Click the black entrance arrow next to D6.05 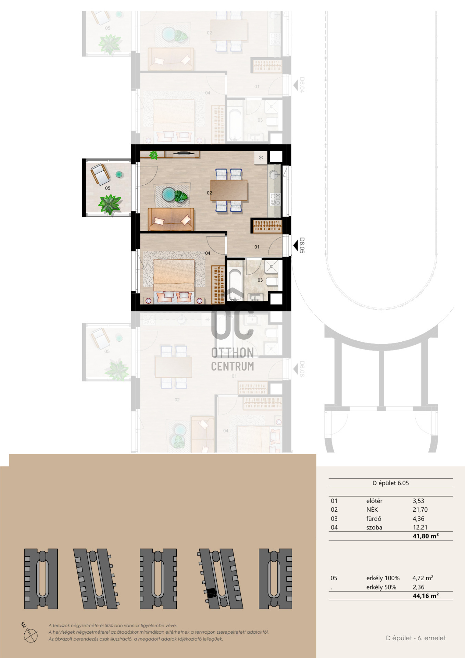pos(296,245)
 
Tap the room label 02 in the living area pos(210,193)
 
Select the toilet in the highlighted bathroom pos(273,282)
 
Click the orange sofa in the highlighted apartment pos(171,219)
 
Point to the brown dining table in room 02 pos(229,190)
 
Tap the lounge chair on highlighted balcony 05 pos(100,174)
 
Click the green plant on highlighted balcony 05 pos(110,204)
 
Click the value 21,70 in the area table pos(420,510)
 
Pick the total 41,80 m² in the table pos(426,536)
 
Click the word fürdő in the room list pos(374,519)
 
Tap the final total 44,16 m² pos(426,596)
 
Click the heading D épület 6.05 pos(391,483)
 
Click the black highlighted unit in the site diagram pos(212,593)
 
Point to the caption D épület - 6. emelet pos(416,638)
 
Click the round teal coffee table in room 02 pos(168,194)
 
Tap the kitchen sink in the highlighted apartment pos(274,175)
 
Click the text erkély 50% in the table pos(381,587)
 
